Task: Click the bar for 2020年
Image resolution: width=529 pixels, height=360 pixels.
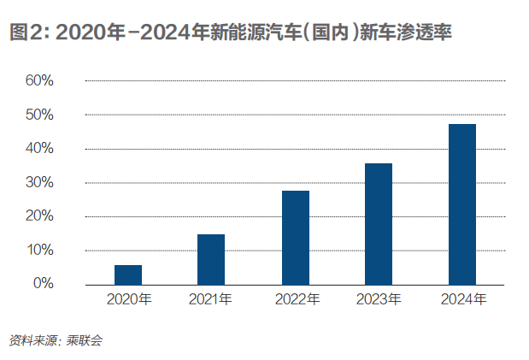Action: coord(128,274)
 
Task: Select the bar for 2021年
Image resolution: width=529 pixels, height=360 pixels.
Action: coord(211,259)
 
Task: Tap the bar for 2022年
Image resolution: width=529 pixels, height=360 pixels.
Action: coord(295,238)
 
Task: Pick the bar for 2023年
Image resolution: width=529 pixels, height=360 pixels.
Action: coord(379,224)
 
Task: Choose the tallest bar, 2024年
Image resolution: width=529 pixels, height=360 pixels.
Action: coord(462,204)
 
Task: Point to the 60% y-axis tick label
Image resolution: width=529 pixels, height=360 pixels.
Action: coord(39,81)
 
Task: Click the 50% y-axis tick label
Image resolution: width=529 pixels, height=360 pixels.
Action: coord(39,115)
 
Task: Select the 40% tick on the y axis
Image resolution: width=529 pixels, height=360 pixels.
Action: coord(39,149)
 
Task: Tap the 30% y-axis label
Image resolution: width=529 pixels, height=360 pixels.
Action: coord(39,182)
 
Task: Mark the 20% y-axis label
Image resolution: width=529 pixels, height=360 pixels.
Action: coord(39,216)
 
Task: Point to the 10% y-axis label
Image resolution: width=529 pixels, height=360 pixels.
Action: coord(39,250)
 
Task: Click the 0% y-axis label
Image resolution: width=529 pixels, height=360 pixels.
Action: coord(43,283)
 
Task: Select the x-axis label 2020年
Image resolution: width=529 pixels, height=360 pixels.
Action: coord(129,299)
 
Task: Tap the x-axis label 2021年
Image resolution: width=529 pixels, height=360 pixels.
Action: coord(211,299)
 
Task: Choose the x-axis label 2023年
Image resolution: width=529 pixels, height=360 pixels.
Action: coord(379,299)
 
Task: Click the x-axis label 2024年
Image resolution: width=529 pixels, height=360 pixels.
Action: coord(463,299)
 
